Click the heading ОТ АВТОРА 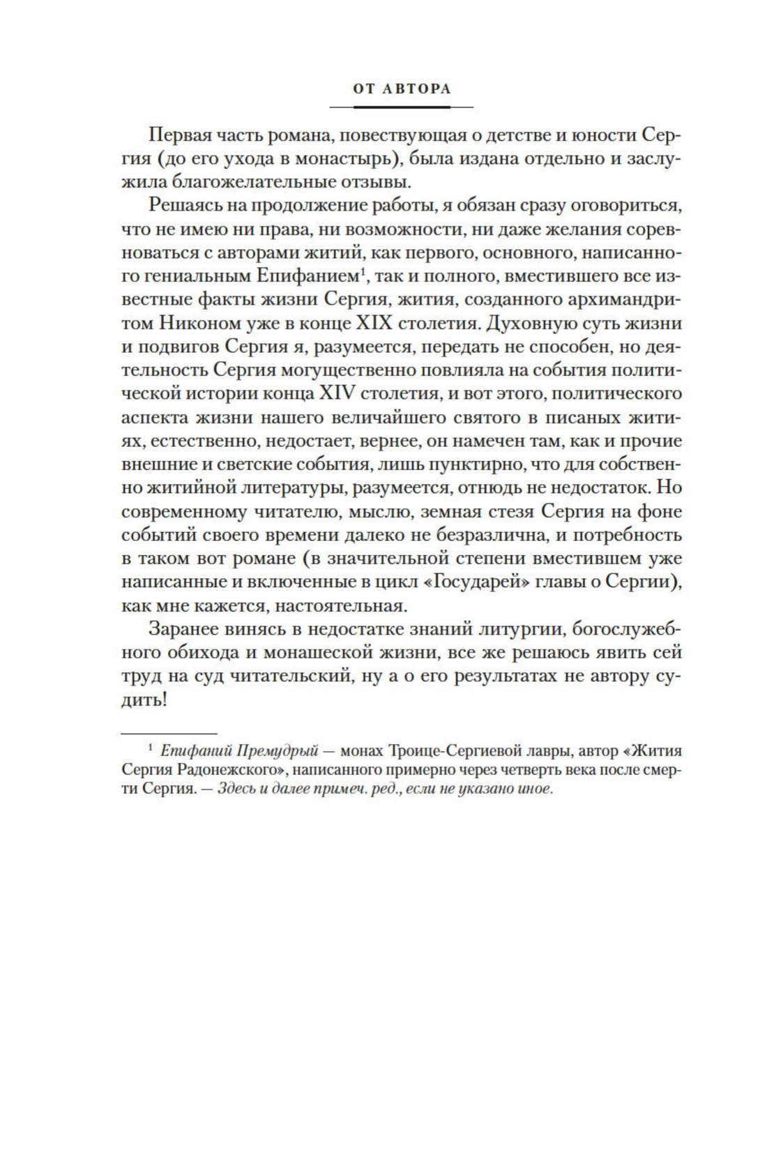click(x=401, y=89)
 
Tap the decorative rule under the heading click(x=401, y=107)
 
